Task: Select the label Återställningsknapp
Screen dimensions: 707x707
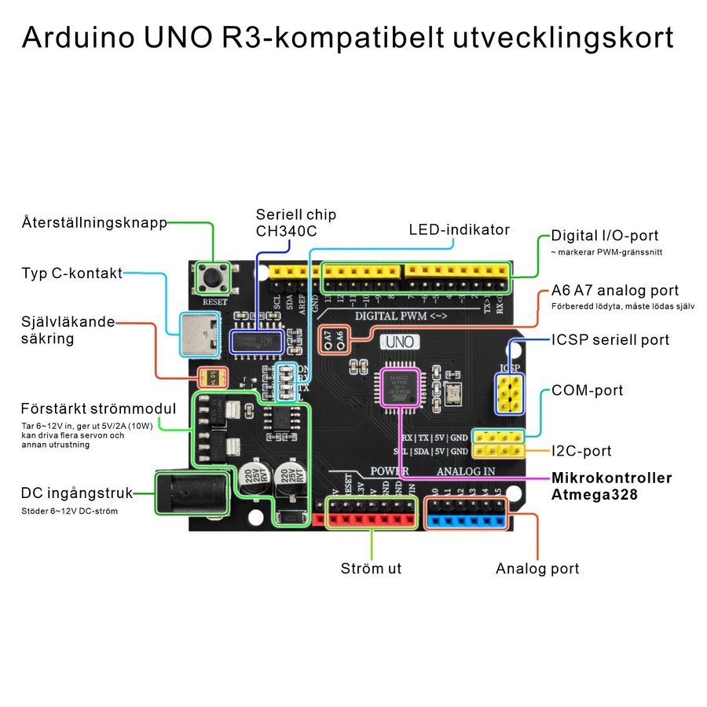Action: (94, 223)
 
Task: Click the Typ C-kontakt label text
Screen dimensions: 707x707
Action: (71, 273)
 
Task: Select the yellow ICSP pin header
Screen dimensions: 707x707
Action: (510, 394)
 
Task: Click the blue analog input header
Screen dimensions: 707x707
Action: (469, 519)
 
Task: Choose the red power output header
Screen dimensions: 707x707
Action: (370, 519)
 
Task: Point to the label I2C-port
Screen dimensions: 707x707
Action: (581, 452)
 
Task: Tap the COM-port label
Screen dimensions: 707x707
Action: (587, 390)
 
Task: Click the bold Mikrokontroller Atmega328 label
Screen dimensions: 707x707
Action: (611, 486)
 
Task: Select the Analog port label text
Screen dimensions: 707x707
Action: (537, 569)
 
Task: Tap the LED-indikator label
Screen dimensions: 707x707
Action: (459, 230)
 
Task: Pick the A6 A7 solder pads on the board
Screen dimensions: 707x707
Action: (331, 337)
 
